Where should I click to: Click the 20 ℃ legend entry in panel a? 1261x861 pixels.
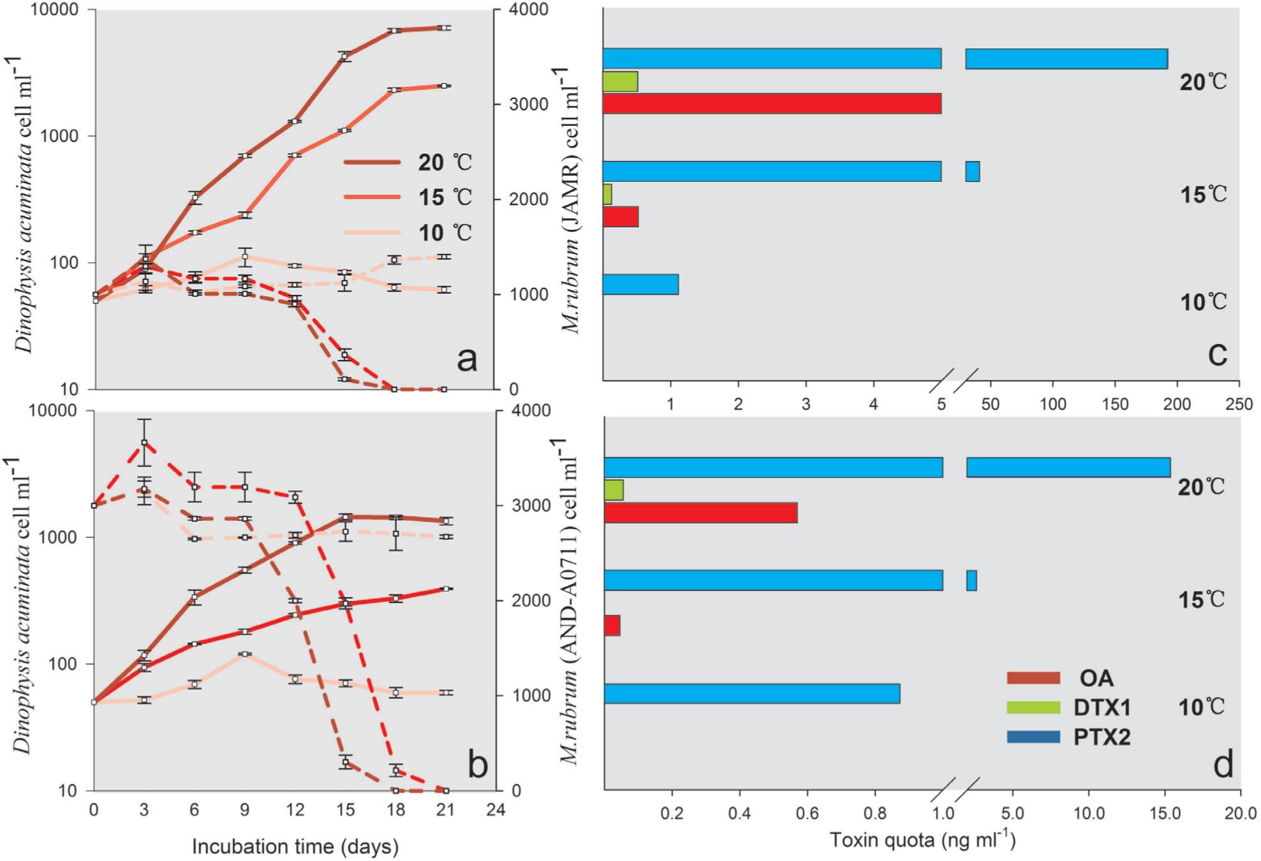tap(408, 162)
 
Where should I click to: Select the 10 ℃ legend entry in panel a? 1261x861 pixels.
tap(408, 232)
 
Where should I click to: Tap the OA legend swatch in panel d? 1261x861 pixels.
tap(1033, 678)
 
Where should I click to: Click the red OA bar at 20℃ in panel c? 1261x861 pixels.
tap(772, 103)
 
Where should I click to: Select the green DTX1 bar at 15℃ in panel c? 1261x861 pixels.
tap(607, 194)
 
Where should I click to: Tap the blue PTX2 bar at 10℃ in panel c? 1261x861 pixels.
tap(640, 284)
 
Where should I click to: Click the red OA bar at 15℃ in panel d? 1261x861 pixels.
tap(612, 625)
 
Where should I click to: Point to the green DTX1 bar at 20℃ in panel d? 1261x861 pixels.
tap(614, 490)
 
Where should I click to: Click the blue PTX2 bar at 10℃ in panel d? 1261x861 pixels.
tap(752, 694)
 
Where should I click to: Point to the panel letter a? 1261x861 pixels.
tap(467, 359)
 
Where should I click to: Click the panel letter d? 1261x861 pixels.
tap(1222, 764)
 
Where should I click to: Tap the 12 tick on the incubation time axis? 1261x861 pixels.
tap(295, 810)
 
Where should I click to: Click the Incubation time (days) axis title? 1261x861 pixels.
tap(295, 846)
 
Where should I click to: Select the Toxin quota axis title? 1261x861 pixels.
tap(922, 840)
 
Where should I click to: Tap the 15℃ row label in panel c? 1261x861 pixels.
tap(1203, 194)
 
